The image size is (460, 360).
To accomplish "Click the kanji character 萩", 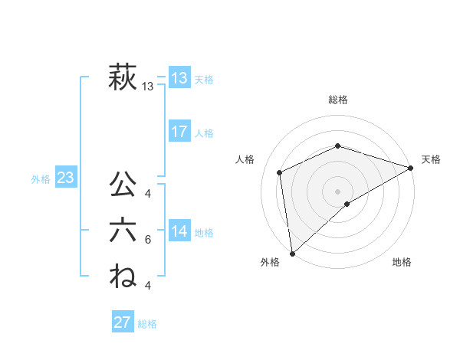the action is [x=123, y=78].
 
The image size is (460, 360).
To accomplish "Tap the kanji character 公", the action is [x=123, y=185].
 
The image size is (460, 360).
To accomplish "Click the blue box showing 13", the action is [x=179, y=78].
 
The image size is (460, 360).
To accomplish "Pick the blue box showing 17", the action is [x=179, y=132].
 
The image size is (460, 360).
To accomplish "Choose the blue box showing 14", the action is [x=179, y=231].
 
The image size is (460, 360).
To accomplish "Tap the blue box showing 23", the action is [x=65, y=178].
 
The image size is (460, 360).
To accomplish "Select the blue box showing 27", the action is [x=123, y=322].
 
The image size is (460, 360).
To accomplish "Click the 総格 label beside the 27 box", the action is [x=147, y=324].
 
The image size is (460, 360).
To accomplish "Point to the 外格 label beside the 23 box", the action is [x=41, y=179].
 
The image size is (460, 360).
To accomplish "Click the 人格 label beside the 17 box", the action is [x=204, y=133].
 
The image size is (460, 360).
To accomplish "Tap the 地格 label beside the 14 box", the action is [x=204, y=233].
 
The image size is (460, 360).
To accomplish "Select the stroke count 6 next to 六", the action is [x=148, y=240].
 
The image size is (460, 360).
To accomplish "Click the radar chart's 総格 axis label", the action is [x=338, y=100].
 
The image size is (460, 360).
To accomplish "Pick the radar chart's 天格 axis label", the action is [x=431, y=159].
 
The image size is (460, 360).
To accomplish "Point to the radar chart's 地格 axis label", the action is [x=402, y=263].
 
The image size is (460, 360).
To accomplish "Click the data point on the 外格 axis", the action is [x=292, y=253].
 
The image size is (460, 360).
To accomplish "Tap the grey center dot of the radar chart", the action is [x=337, y=191].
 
